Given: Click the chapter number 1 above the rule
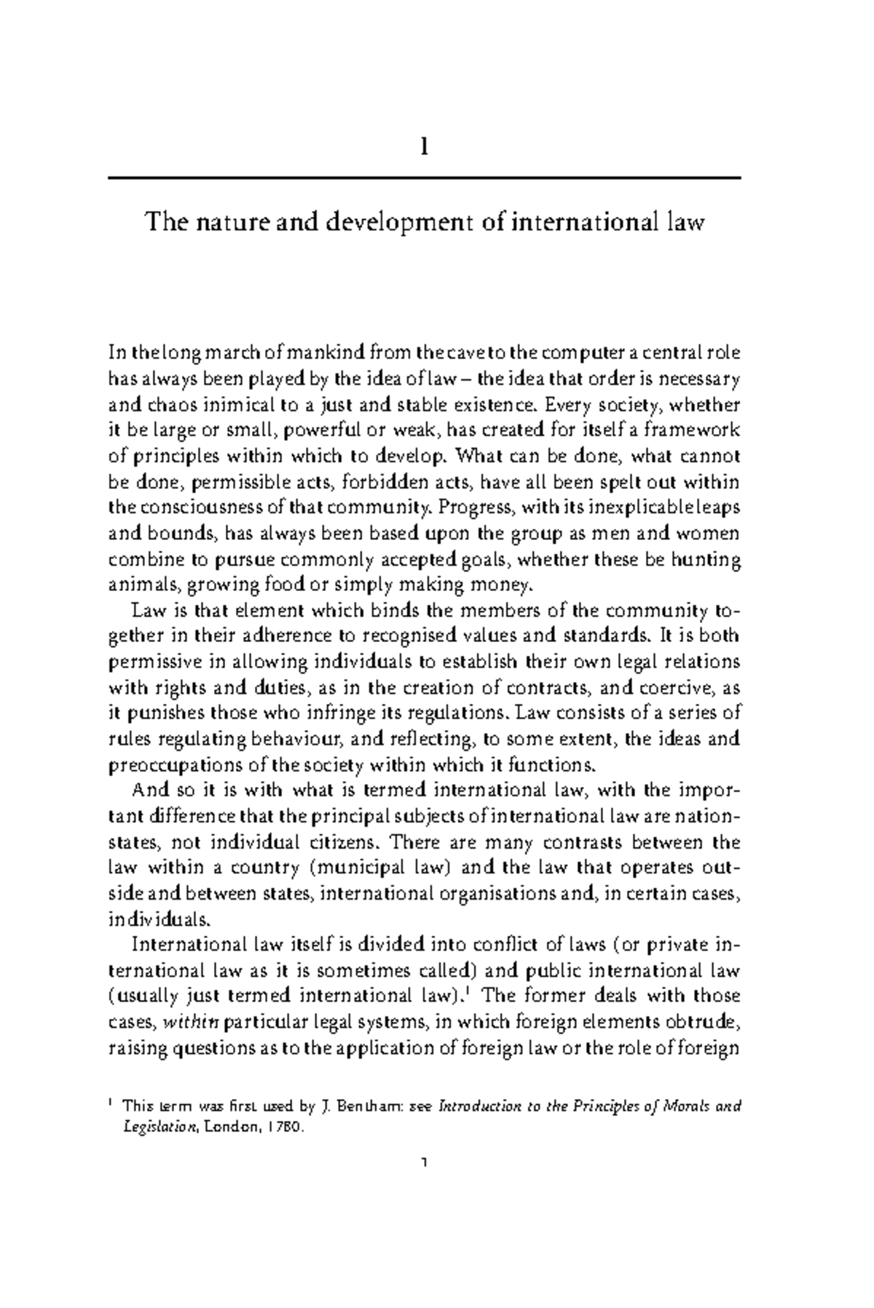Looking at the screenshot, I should (423, 148).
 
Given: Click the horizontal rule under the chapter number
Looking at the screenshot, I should (424, 178).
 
